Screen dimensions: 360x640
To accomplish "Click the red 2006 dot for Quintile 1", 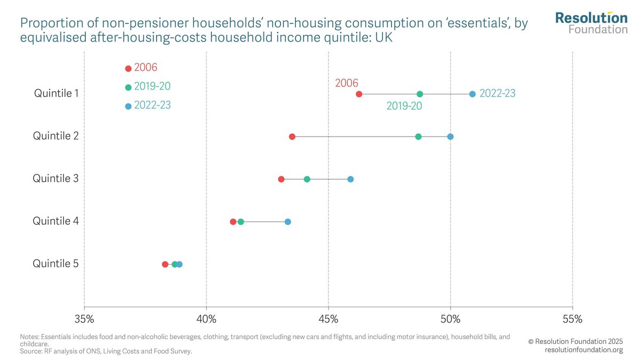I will tap(359, 94).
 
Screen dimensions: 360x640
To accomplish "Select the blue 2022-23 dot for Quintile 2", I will tap(450, 137).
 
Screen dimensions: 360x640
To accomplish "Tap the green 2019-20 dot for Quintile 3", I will tap(307, 179).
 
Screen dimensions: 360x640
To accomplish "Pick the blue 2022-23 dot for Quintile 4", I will tap(287, 222).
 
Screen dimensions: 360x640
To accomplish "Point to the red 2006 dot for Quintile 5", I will tap(165, 265).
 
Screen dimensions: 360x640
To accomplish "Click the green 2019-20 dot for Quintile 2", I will tap(418, 137).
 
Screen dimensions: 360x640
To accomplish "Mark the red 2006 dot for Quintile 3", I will tap(281, 179).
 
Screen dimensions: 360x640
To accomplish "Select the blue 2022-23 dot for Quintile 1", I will tap(473, 94).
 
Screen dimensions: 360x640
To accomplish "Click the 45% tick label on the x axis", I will tap(329, 319).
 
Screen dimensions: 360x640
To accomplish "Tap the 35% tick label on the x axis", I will tap(84, 319).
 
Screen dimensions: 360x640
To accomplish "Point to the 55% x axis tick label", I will tap(572, 319).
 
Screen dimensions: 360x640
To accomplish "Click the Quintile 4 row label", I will tap(56, 221).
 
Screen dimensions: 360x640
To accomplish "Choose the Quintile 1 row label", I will tap(56, 93).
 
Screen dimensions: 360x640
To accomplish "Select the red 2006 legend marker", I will tap(128, 68).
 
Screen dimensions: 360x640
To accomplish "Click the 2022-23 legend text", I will tap(153, 105).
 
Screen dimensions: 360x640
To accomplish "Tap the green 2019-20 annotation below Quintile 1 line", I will tap(404, 106).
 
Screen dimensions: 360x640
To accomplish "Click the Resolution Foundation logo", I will tap(591, 22).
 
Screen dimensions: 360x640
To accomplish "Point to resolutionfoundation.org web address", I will tap(583, 350).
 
